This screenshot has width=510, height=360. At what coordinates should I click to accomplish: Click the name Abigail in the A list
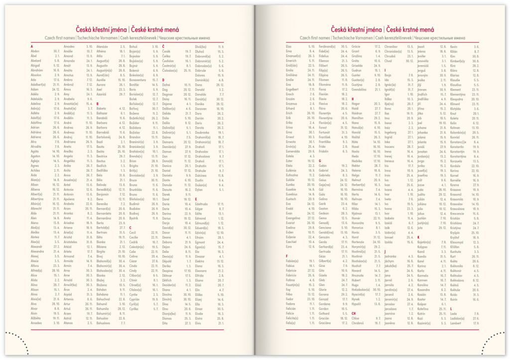point(35,65)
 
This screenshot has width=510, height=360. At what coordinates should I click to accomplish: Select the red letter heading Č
point(163,46)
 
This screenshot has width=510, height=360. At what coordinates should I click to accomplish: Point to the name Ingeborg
point(391,132)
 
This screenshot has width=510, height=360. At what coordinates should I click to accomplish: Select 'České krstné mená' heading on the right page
point(409,30)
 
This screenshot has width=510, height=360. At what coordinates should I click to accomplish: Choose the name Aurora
point(101,84)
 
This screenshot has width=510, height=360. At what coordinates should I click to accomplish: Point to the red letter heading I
point(384,70)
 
